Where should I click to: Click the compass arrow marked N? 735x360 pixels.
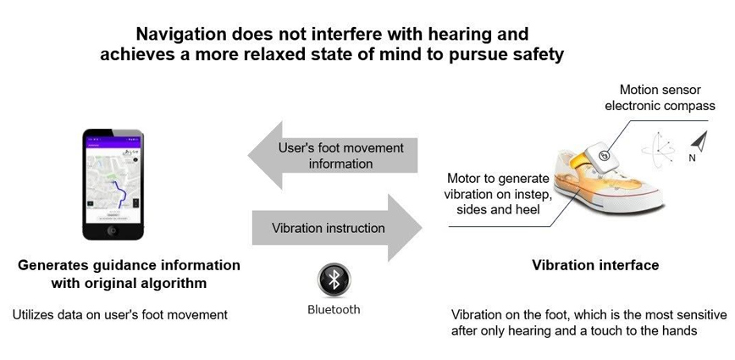click(699, 141)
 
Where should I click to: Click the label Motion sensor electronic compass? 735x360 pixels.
click(667, 97)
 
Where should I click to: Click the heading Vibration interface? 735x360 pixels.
click(595, 265)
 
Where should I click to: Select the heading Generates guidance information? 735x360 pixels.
click(129, 265)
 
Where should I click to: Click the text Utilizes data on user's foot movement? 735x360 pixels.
click(120, 314)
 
